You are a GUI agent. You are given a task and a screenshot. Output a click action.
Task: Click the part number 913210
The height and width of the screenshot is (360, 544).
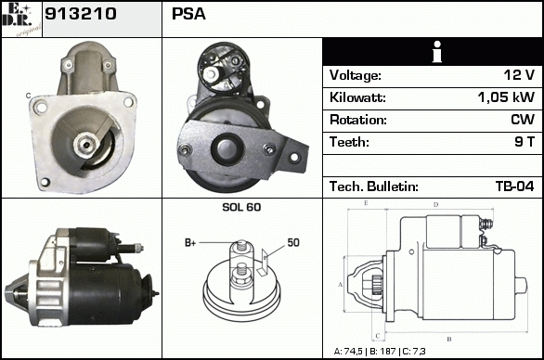click(81, 14)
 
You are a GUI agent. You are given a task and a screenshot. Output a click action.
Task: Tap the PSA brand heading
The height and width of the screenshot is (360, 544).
click(188, 14)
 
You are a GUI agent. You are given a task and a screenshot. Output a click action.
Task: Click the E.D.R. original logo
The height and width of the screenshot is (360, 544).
click(21, 19)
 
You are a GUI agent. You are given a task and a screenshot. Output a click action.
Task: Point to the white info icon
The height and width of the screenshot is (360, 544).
click(437, 52)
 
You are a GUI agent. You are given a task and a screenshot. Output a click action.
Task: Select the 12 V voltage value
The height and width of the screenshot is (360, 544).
click(519, 75)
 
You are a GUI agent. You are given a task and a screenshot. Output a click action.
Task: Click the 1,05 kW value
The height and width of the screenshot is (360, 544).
click(506, 97)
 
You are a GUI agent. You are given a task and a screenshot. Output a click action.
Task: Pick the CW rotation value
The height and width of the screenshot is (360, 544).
click(523, 120)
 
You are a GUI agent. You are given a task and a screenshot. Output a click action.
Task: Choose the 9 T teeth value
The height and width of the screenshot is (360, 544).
click(525, 142)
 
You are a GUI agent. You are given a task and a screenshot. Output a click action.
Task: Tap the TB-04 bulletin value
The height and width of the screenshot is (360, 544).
click(515, 186)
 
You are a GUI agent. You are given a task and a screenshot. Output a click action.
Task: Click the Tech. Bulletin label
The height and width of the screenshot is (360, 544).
click(374, 186)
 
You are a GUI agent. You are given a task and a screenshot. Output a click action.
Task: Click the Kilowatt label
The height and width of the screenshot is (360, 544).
click(357, 97)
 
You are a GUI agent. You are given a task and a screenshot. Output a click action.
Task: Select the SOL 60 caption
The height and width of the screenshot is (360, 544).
click(241, 207)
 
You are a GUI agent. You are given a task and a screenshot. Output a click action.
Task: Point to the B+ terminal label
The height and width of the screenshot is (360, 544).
click(190, 243)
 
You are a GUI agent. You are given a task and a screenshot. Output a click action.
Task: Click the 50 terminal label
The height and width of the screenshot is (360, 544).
click(293, 242)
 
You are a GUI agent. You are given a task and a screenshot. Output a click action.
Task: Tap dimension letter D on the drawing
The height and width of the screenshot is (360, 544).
click(435, 205)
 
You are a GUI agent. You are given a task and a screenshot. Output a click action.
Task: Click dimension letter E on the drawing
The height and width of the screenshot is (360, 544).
click(366, 203)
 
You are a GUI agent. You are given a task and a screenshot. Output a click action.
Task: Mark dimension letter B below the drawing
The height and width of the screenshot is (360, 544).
click(449, 340)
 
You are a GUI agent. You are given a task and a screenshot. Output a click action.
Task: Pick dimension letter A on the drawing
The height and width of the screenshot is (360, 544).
click(341, 285)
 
